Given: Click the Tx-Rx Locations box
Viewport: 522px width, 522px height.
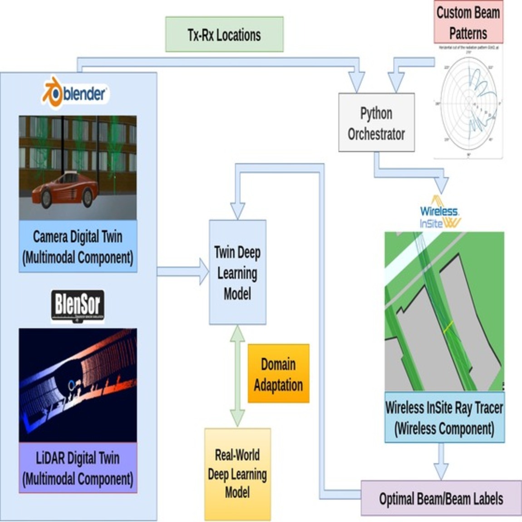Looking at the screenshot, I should click(224, 34).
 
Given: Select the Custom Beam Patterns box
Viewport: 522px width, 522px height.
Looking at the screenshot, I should click(468, 23).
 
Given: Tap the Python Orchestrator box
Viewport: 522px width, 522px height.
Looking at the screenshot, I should click(376, 123).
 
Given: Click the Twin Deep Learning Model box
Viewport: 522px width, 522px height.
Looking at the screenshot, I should click(237, 272).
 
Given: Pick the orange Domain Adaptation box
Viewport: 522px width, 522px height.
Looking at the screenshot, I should click(278, 374).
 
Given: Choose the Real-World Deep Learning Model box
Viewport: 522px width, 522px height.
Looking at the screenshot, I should click(237, 474).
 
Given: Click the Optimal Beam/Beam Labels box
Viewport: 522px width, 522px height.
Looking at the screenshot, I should click(441, 498).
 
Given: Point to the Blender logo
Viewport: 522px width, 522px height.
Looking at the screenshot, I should click(75, 93).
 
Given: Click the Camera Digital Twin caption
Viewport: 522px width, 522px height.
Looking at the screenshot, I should click(78, 246).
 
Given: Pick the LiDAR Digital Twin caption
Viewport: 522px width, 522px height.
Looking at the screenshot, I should click(78, 468).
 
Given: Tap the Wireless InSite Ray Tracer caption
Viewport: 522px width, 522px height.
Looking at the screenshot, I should click(444, 418).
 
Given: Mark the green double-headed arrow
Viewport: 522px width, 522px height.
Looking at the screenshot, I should click(237, 376).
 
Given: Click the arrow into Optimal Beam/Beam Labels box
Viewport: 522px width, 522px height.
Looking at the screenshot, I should click(441, 462).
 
